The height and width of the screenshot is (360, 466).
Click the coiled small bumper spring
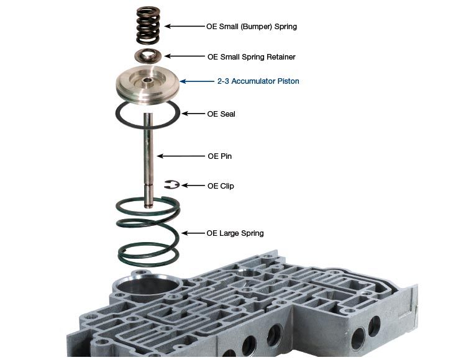click(148, 25)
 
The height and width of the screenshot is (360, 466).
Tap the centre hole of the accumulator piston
click(147, 80)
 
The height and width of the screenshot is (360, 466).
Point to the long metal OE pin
click(148, 160)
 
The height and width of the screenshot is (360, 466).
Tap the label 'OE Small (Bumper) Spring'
click(252, 27)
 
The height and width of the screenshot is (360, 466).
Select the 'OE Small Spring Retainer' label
click(252, 56)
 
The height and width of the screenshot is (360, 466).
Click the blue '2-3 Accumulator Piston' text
click(258, 81)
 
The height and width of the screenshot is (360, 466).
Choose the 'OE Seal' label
click(221, 114)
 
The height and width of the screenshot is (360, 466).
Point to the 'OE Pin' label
click(219, 156)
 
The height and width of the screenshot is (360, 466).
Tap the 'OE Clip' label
click(221, 186)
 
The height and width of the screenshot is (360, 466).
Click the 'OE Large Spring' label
click(235, 233)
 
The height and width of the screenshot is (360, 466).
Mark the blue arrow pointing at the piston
click(197, 81)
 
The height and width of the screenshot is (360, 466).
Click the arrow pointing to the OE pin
click(181, 156)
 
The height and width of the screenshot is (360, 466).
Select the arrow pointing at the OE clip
click(193, 186)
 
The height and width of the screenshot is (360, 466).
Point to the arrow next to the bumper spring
click(185, 26)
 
